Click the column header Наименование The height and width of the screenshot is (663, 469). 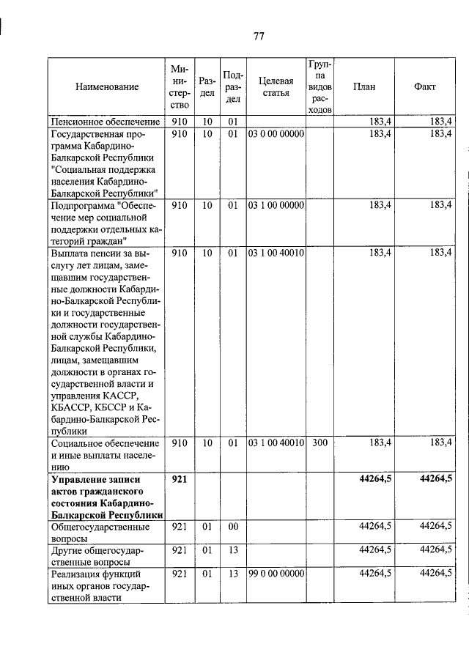coord(106,86)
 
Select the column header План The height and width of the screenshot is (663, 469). coord(363,86)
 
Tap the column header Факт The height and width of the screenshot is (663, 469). coord(424,86)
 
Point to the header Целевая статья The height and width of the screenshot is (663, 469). coord(276,86)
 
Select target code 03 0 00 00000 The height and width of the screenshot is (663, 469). coord(276,134)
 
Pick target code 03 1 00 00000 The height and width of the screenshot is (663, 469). coord(276,206)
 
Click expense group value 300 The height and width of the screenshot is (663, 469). coord(320,443)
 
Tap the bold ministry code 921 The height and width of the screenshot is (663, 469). coord(180,479)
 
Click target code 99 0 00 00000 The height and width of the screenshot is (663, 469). coord(276,574)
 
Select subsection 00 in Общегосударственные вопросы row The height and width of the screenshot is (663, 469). coord(233,526)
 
